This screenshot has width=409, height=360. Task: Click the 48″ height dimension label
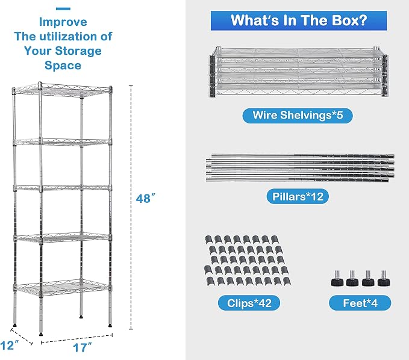146,199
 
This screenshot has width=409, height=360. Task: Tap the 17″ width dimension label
82,347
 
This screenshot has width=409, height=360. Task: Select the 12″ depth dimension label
10,346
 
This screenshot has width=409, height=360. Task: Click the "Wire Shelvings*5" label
298,115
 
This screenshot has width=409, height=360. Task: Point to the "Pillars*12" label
298,196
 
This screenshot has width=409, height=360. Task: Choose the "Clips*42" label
249,303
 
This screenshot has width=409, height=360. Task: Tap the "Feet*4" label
360,303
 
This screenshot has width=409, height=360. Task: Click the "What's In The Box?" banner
299,20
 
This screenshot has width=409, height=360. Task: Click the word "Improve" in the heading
63,22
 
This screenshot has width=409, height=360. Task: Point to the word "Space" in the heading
63,65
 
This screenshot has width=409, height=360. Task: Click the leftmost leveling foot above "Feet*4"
337,279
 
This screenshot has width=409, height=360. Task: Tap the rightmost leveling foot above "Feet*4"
384,279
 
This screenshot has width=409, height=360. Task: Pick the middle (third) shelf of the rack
62,188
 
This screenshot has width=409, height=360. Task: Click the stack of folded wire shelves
299,72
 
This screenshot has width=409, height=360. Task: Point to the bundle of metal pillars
300,167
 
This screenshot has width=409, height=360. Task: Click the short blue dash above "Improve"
63,9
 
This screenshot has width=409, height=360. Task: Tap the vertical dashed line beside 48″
131,207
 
